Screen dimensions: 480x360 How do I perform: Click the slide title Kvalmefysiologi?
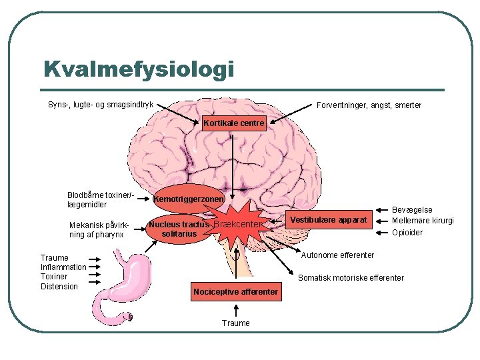coord(139,70)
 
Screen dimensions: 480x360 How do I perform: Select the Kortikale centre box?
coord(234,123)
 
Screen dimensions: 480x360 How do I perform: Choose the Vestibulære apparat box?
coord(329,220)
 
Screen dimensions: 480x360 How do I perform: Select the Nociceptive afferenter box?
coord(236,292)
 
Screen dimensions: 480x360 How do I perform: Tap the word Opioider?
coord(407,233)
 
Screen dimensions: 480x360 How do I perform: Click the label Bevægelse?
coord(412,210)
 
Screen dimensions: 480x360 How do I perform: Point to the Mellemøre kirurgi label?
coord(423,221)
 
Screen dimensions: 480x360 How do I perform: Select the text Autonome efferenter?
coord(337,255)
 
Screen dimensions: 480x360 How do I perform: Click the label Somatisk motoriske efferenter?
coord(351,278)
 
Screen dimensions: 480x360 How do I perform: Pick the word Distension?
coord(59,287)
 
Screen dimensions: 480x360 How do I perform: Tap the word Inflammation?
coord(63,267)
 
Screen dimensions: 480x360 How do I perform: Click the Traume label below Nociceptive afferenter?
coord(236,323)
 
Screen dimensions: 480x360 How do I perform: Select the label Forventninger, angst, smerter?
coord(369,105)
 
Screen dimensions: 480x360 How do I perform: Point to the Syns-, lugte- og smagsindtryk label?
coord(101,105)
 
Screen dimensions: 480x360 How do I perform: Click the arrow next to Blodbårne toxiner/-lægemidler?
coord(143,199)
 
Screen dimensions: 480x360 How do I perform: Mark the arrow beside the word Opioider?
coord(382,233)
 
